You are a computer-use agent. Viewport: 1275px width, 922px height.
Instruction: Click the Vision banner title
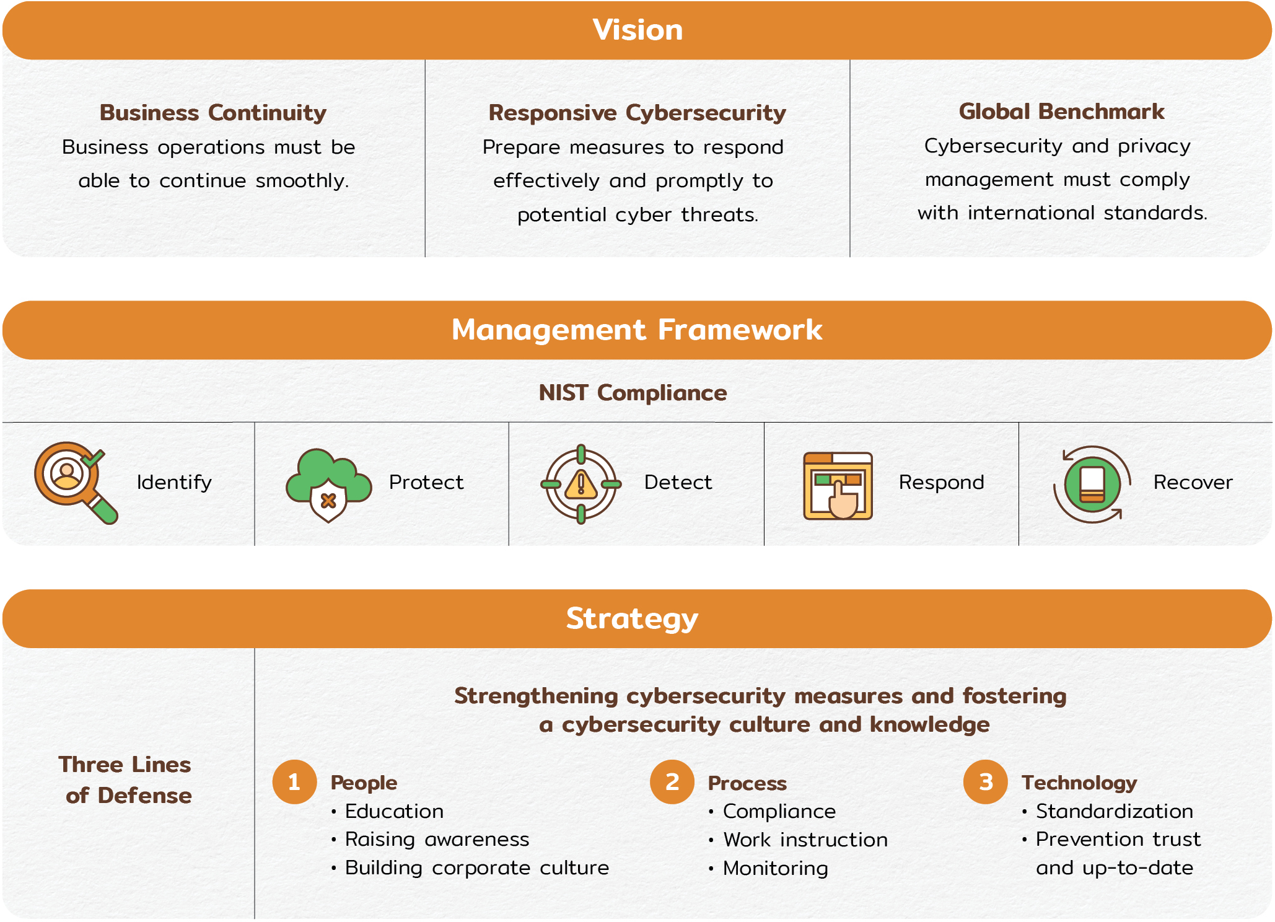(x=637, y=30)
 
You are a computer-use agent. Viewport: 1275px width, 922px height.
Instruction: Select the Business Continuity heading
(x=213, y=113)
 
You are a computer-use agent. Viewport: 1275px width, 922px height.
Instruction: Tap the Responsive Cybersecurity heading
(x=637, y=113)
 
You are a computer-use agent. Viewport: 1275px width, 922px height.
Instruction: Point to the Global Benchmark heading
(x=1061, y=112)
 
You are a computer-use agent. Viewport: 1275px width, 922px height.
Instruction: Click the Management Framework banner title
(x=637, y=330)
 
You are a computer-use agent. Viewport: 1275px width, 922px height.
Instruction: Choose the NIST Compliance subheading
(x=633, y=393)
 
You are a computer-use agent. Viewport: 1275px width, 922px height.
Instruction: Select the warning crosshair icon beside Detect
(x=581, y=484)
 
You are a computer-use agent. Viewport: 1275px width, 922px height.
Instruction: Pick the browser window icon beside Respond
(x=838, y=485)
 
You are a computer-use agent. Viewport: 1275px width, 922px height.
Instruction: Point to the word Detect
(x=678, y=482)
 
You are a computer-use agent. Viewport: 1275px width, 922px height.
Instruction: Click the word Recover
(x=1193, y=482)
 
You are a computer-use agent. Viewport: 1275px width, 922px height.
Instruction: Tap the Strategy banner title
(x=632, y=618)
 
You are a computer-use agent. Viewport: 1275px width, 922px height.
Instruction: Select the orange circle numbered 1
(x=294, y=782)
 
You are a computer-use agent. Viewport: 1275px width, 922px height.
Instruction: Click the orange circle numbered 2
(x=672, y=782)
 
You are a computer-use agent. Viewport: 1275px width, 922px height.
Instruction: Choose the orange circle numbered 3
(x=986, y=782)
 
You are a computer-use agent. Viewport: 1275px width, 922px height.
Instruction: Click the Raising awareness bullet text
(x=437, y=839)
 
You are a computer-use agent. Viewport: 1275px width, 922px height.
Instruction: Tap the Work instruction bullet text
(x=805, y=840)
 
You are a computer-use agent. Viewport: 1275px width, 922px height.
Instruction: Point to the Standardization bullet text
(x=1114, y=811)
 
